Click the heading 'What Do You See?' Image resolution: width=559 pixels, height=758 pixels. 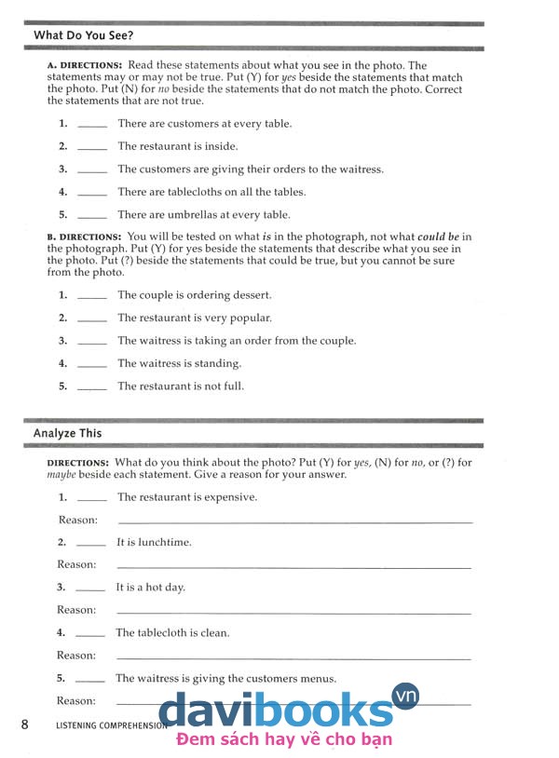(x=83, y=35)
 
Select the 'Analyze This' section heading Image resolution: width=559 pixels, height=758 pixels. (x=68, y=433)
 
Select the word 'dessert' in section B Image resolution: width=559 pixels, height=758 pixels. (x=250, y=295)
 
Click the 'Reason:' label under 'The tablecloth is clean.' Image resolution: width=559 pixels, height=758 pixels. (x=76, y=656)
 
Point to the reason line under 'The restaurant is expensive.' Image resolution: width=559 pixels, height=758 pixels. (x=293, y=522)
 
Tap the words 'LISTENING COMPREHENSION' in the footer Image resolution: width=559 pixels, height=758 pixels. (x=111, y=724)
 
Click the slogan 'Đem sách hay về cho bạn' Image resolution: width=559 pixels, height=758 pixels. (x=283, y=740)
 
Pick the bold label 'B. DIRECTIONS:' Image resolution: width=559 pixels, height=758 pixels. (x=84, y=237)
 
